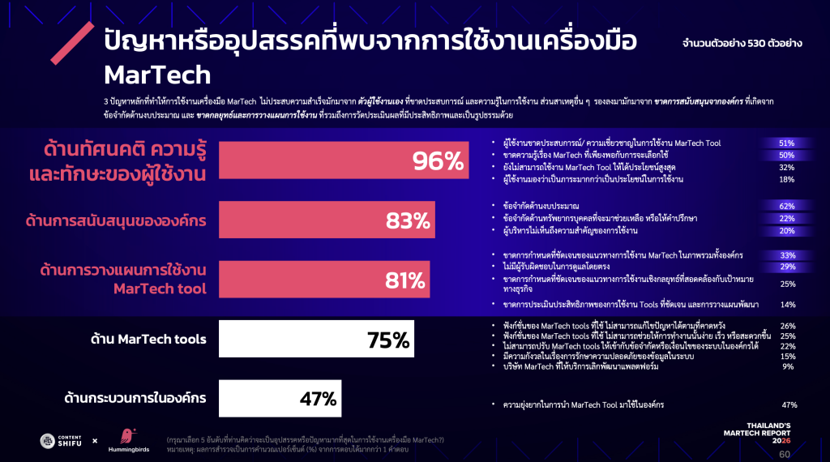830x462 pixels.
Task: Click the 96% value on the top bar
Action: point(436,161)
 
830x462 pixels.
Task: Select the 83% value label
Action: point(408,220)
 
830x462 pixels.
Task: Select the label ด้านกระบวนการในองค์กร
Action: point(135,398)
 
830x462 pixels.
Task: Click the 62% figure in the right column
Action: point(786,206)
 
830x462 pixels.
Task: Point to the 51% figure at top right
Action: point(786,143)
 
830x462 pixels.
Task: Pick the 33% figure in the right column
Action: point(786,255)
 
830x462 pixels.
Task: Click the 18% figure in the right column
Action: point(786,179)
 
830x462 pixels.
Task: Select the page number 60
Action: point(784,454)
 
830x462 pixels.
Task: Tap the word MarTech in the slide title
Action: point(157,75)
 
